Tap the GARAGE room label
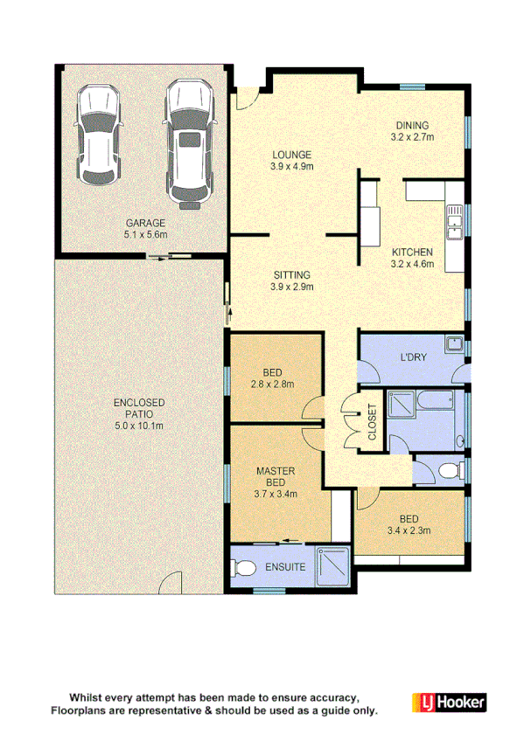click(144, 224)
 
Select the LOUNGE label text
click(291, 155)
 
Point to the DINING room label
click(412, 125)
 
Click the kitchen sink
click(455, 224)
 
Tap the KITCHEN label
click(412, 252)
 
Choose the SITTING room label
click(291, 274)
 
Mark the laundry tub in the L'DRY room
click(453, 344)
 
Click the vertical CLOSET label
click(371, 422)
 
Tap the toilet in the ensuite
click(245, 567)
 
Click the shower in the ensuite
click(332, 567)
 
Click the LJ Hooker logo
click(448, 702)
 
